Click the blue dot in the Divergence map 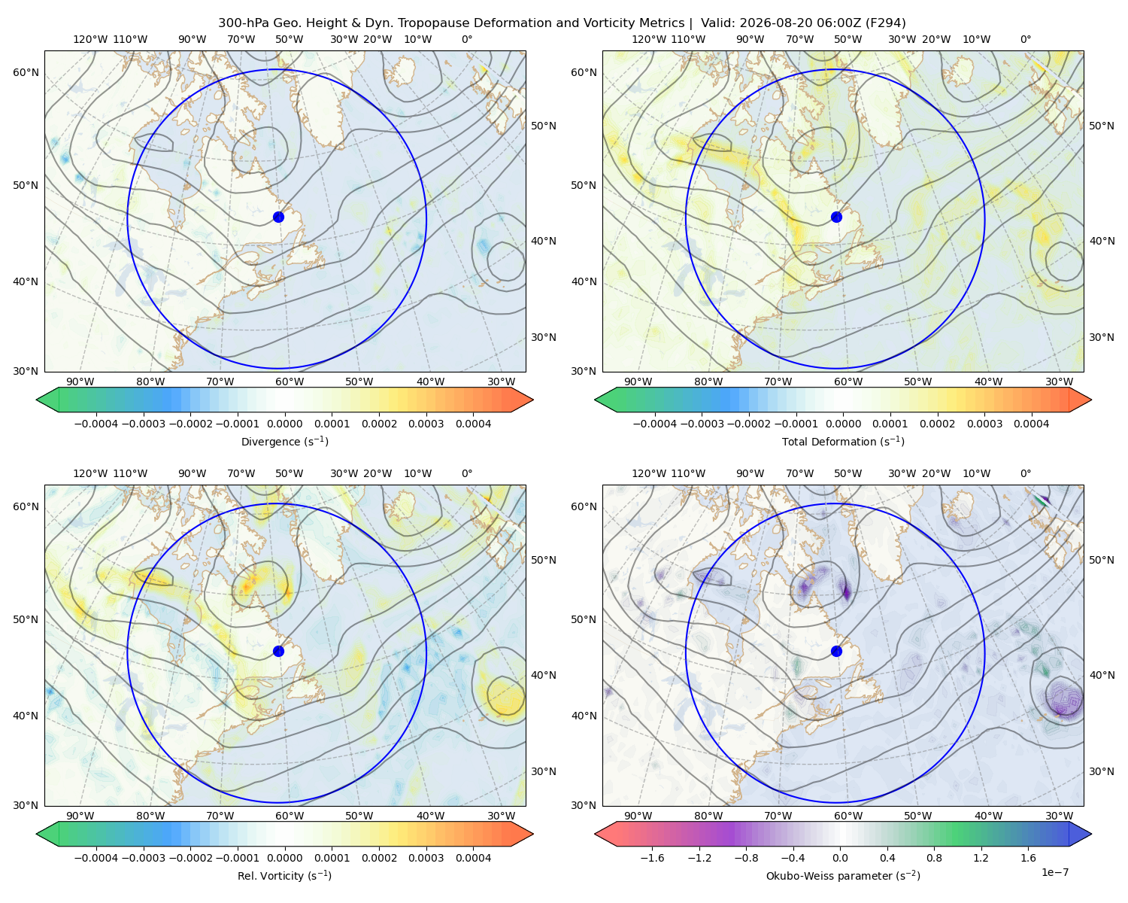[278, 217]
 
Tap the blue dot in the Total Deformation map [836, 217]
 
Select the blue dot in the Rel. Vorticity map [278, 651]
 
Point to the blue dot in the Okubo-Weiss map [836, 651]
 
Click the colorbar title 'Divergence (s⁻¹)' [284, 441]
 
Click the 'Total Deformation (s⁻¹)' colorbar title [843, 441]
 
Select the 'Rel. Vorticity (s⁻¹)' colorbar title [284, 876]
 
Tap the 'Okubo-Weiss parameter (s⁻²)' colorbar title [843, 876]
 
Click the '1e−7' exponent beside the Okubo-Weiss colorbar [1054, 872]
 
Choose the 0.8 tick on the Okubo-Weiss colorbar [934, 858]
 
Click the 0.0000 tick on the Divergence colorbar [284, 424]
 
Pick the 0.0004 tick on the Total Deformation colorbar [1032, 424]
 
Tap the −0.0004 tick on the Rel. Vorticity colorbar [96, 858]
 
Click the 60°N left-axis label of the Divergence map [26, 72]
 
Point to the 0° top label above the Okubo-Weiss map [1025, 473]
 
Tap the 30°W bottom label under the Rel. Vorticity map [501, 816]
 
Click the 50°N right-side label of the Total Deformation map [1101, 126]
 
